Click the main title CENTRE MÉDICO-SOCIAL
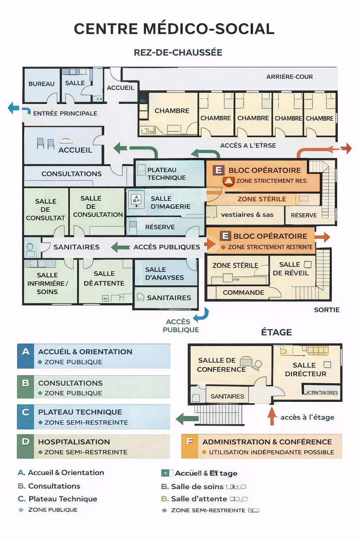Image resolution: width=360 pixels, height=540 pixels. (174, 29)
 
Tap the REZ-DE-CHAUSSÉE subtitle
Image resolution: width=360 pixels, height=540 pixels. (178, 53)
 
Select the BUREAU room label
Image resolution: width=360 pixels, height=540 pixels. (41, 84)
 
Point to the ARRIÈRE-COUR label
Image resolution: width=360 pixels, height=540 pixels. (289, 77)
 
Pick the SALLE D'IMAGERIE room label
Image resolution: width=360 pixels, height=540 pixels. (171, 202)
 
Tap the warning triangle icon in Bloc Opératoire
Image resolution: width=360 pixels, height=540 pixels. (229, 181)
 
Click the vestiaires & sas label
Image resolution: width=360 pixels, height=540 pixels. (247, 214)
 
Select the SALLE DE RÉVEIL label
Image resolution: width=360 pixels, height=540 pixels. (290, 269)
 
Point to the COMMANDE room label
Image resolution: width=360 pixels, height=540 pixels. (243, 292)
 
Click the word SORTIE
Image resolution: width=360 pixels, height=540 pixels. (327, 310)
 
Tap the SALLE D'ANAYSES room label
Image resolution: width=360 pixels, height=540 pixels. (164, 274)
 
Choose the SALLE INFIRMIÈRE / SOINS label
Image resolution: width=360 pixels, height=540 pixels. (47, 283)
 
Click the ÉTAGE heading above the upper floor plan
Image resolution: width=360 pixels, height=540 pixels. (276, 332)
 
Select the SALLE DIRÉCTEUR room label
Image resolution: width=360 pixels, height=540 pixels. (305, 369)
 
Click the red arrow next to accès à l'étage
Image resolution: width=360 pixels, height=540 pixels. (271, 416)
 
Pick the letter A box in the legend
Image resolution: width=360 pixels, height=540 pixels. (26, 356)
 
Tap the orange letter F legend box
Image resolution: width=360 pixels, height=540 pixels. (190, 446)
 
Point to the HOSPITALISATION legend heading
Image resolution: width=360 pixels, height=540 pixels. (74, 442)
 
